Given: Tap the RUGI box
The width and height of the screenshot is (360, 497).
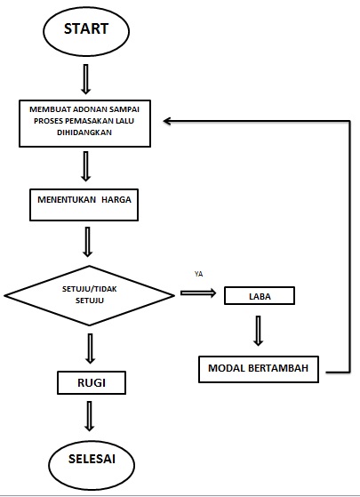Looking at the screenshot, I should (90, 383).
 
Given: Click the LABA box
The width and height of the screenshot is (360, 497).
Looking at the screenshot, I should (259, 295).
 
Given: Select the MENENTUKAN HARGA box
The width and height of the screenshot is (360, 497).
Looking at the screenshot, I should (84, 201).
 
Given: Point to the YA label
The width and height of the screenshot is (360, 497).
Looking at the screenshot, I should (198, 274).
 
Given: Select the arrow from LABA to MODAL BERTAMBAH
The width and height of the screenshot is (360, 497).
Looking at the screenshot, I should (258, 329).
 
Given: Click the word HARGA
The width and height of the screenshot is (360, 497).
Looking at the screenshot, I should (116, 201).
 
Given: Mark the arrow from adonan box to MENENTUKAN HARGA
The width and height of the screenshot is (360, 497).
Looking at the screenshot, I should (86, 166).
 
